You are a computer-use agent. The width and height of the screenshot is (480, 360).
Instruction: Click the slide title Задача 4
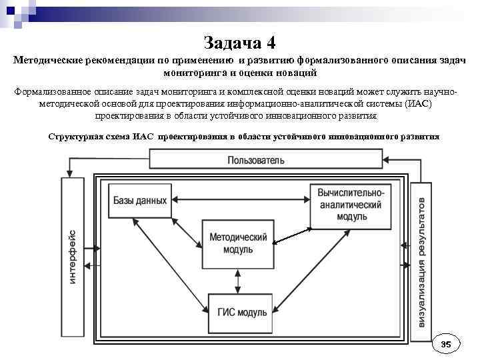click(239, 43)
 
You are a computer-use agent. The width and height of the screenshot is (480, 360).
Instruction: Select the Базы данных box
click(139, 200)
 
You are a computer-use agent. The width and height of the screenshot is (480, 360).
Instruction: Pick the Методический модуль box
click(238, 243)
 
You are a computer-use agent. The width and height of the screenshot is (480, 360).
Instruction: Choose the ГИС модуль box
click(241, 311)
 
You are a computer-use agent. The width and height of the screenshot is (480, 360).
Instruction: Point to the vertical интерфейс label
click(73, 257)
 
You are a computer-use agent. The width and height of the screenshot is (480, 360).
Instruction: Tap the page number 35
click(446, 344)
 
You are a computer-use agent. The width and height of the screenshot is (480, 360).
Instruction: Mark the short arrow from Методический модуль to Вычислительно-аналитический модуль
click(292, 235)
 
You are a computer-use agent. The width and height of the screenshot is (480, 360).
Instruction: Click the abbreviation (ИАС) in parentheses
click(418, 104)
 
